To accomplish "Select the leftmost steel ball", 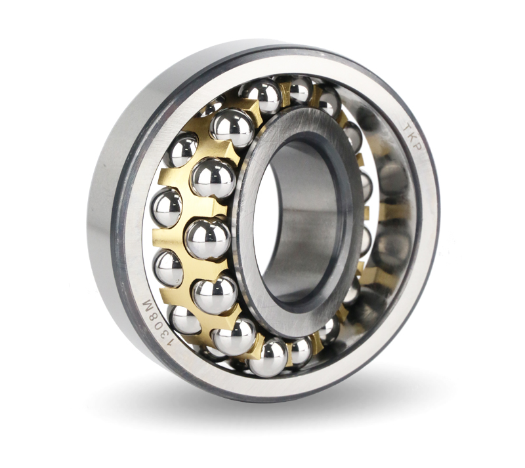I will [x=166, y=207].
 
